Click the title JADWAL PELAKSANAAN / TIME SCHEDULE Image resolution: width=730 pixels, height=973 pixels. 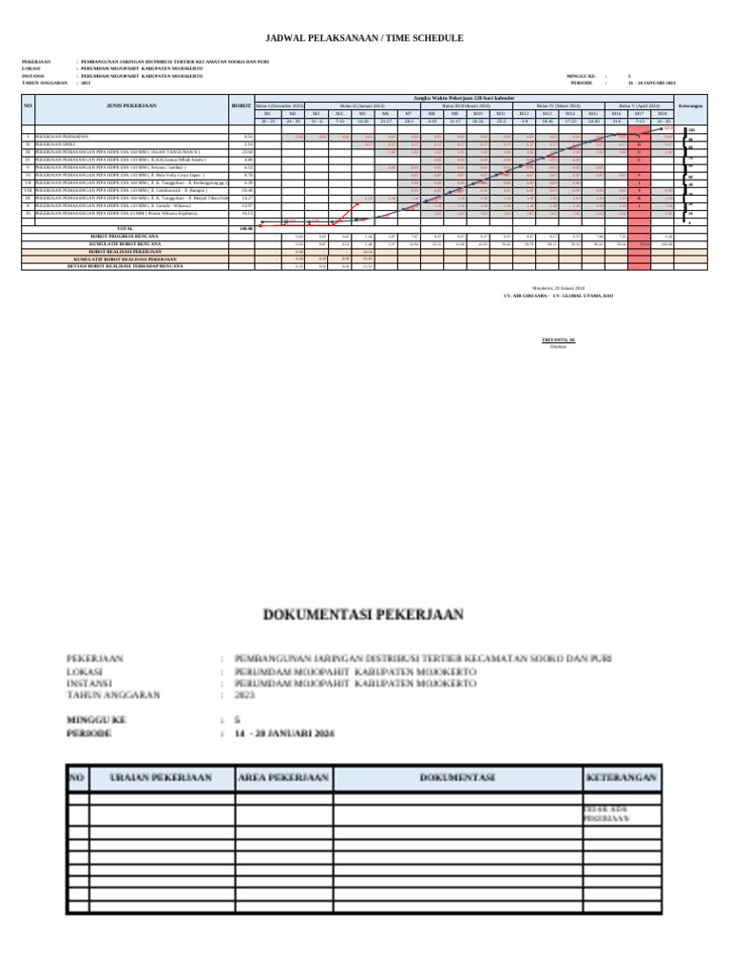pos(364,38)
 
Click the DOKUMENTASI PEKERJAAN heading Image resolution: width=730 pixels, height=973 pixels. pos(364,615)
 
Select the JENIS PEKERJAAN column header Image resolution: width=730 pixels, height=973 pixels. pos(132,105)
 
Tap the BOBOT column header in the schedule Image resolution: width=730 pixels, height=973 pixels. pos(242,105)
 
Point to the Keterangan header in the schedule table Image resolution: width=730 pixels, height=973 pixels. pos(691,105)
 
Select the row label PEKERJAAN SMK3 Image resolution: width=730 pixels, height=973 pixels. pos(51,143)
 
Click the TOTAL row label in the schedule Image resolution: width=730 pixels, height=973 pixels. pos(125,229)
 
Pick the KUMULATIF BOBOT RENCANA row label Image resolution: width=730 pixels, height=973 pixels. pos(125,244)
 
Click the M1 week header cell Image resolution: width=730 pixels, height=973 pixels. pos(268,113)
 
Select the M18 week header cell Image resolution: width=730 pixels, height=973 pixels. pos(663,113)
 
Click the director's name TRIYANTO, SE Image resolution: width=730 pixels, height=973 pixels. pos(558,339)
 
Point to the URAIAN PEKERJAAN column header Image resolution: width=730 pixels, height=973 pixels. pos(161,778)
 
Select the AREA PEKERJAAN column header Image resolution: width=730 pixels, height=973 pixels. pos(283,778)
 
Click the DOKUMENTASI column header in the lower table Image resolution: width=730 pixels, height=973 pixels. pos(457,778)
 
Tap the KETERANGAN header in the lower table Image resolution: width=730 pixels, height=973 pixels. pos(621,778)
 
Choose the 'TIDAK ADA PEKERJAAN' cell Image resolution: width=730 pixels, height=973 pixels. pos(608,813)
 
